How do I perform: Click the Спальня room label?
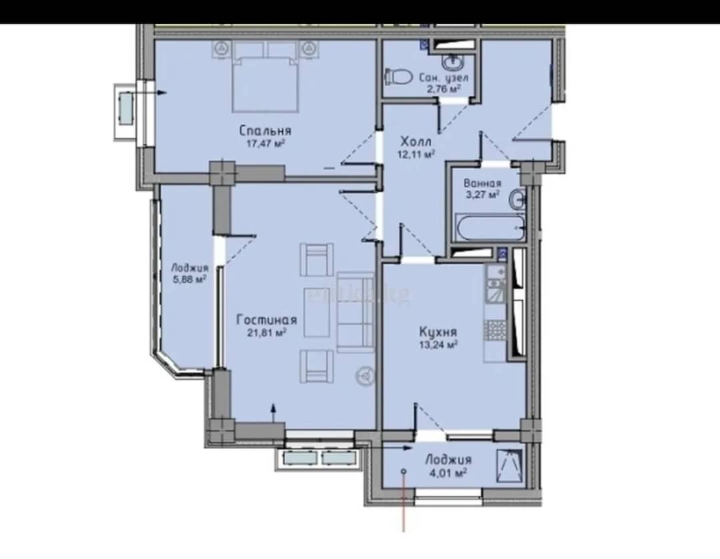[x=265, y=131]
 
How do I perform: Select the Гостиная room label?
[x=267, y=319]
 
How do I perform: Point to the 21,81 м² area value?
[x=267, y=332]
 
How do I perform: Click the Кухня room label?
[x=438, y=331]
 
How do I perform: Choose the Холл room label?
[x=415, y=140]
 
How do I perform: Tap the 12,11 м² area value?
[x=416, y=154]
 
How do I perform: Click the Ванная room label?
[x=482, y=184]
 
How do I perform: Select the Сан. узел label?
[x=444, y=77]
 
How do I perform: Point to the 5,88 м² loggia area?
[x=189, y=279]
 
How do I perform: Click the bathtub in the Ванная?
[x=489, y=228]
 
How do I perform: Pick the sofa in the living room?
[x=356, y=312]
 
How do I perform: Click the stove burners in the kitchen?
[x=495, y=330]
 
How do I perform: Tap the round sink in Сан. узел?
[x=454, y=60]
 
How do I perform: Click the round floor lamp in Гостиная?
[x=365, y=376]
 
